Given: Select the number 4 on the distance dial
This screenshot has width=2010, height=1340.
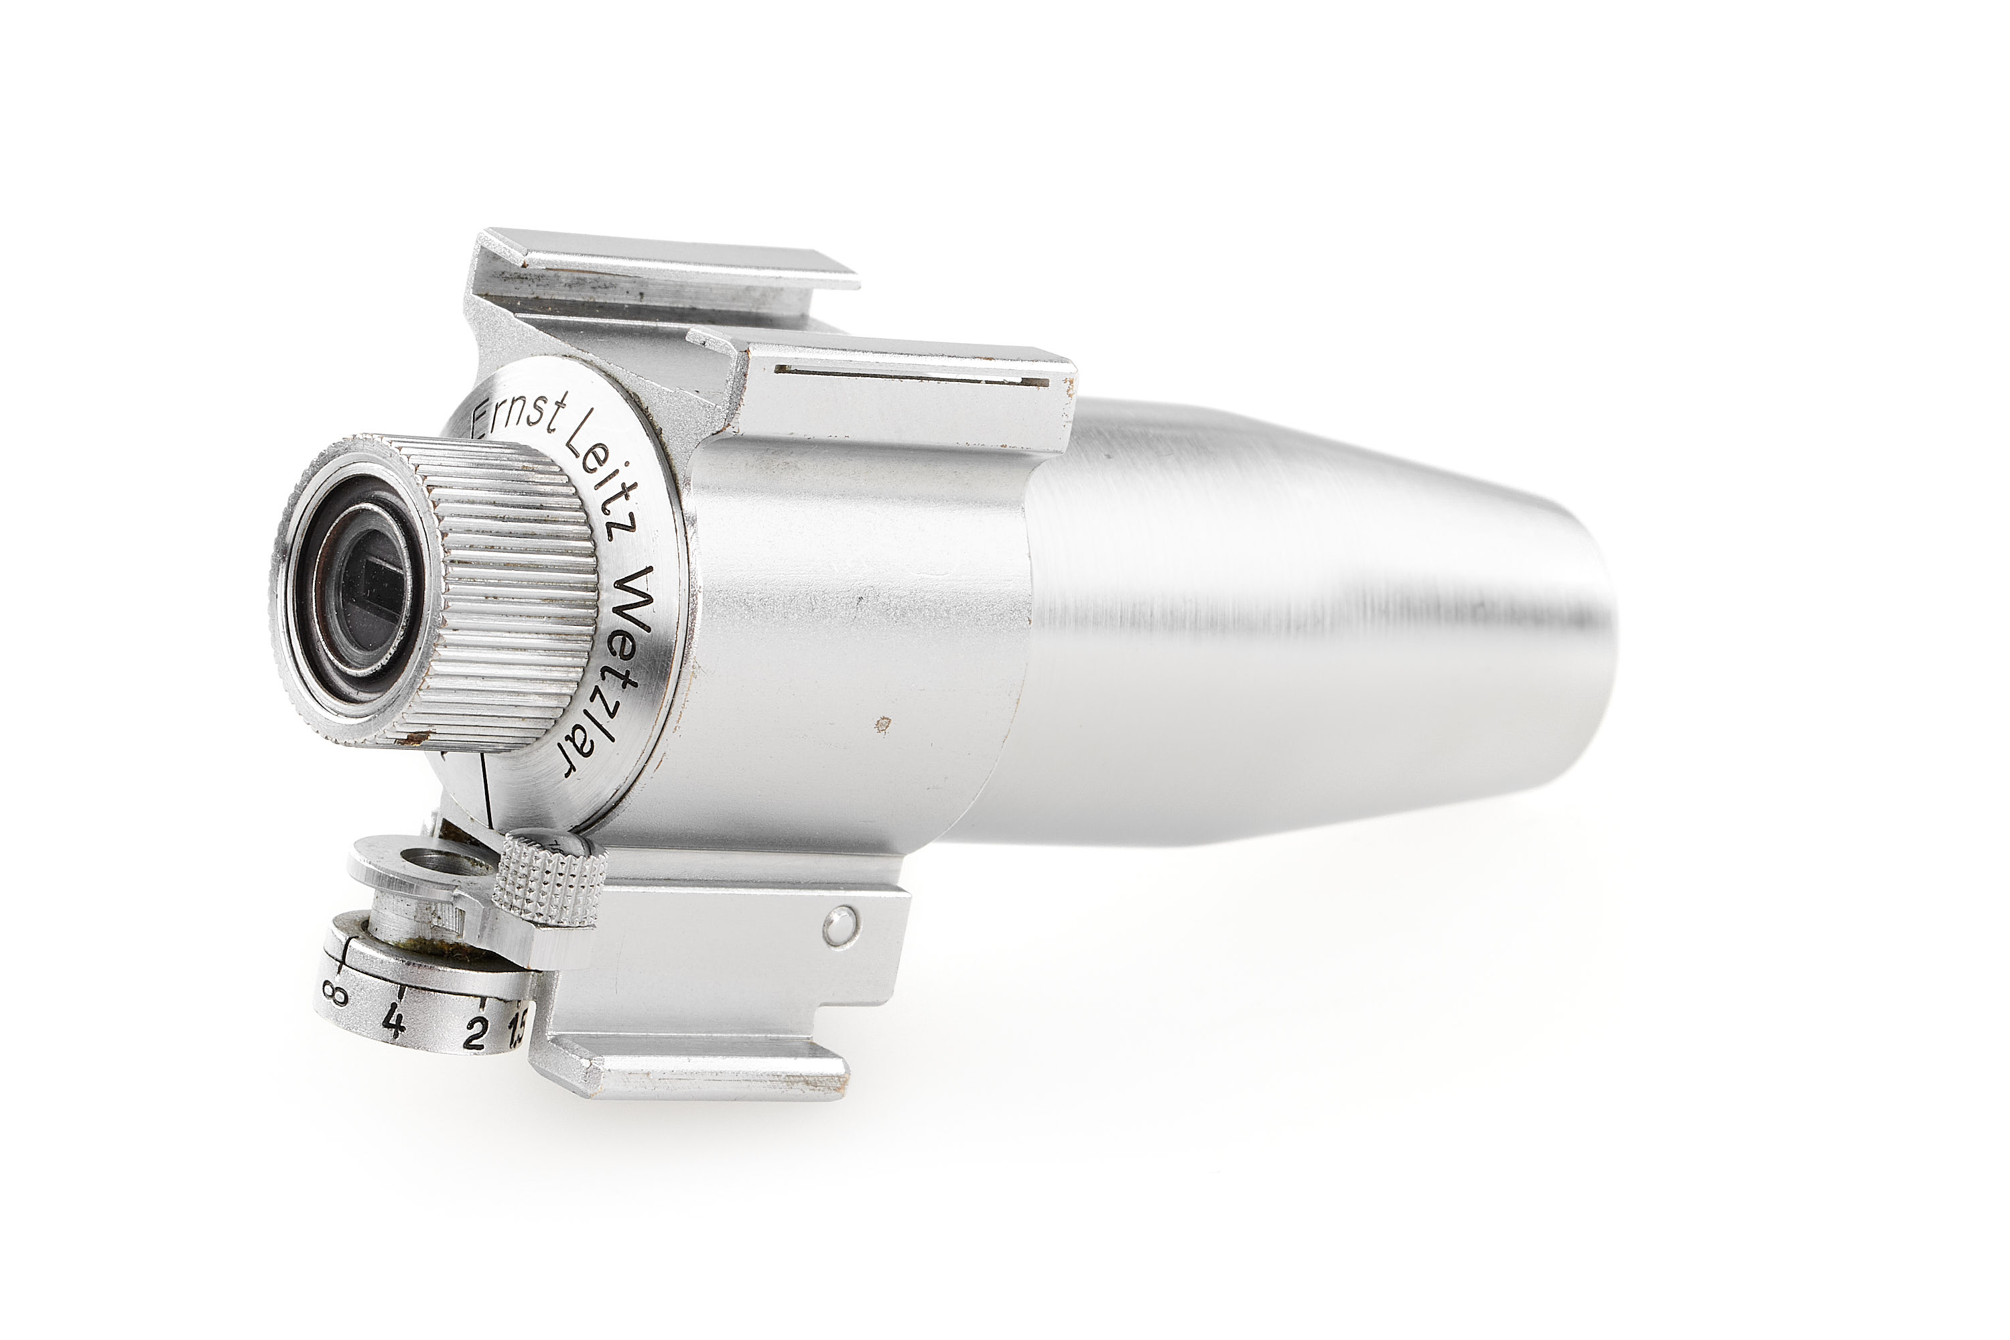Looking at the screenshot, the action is tap(394, 1021).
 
